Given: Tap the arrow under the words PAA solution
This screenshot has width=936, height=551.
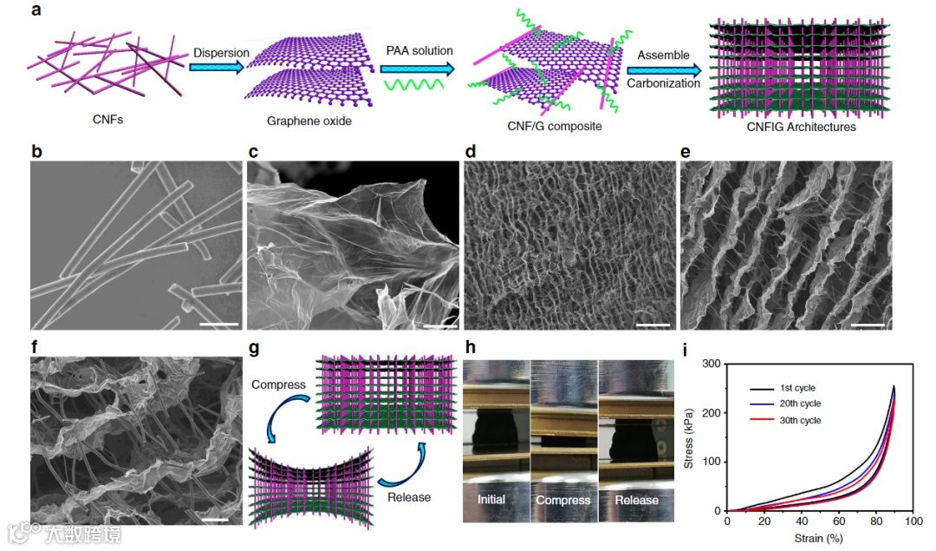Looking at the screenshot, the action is coord(416,68).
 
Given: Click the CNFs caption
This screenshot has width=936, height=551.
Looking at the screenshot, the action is coord(107,119).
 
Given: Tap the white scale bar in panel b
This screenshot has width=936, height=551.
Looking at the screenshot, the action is coord(219,325).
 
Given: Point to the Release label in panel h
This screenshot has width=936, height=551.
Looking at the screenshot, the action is coord(636,500).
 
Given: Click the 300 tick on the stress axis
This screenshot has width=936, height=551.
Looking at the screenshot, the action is coord(711,364).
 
